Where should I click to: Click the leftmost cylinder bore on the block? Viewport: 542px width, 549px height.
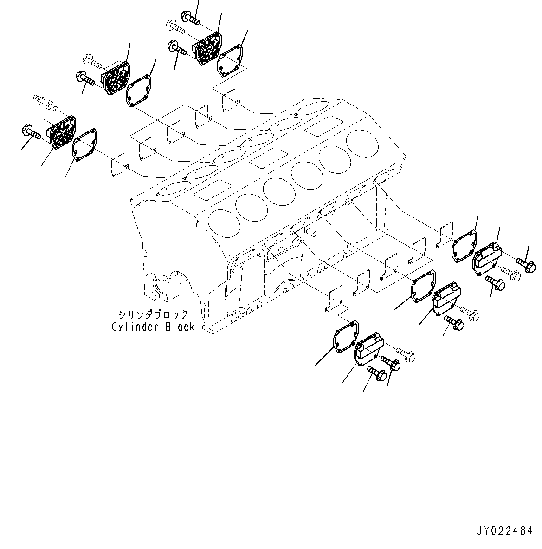[x=224, y=222]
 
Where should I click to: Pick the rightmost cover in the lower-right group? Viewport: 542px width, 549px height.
[x=487, y=257]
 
